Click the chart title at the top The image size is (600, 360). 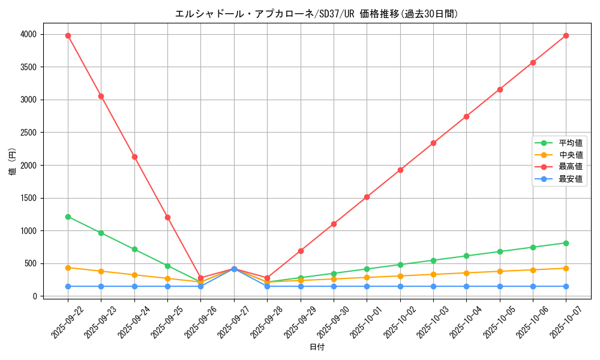point(316,14)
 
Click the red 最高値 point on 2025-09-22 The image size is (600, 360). point(68,35)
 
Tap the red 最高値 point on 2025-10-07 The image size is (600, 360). point(566,35)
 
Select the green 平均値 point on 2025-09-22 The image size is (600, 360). point(68,217)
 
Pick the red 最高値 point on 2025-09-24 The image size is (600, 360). point(134,157)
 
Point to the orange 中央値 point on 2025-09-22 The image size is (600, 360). point(68,268)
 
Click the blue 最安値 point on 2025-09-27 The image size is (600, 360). point(234,269)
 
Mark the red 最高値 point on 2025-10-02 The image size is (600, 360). point(400,170)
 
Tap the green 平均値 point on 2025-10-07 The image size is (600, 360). point(566,243)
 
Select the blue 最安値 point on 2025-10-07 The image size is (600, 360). point(566,286)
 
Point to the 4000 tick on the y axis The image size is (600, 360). point(28,34)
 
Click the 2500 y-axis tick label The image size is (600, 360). point(28,133)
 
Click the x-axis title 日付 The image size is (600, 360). point(317,347)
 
